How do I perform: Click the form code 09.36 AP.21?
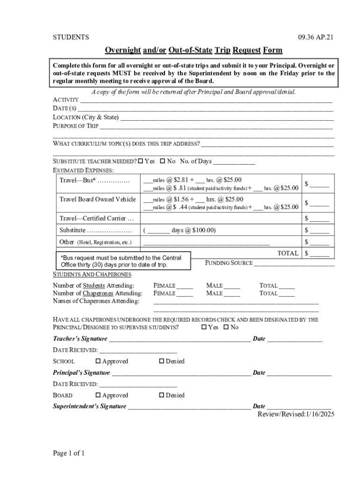[316, 37]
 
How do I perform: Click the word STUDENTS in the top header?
[71, 37]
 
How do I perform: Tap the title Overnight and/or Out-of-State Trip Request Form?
[193, 50]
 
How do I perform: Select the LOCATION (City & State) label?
[86, 117]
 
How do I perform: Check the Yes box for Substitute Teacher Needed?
[141, 161]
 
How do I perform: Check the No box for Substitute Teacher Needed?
[163, 161]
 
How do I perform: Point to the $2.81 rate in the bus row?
[180, 180]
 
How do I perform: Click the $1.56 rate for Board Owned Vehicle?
[180, 199]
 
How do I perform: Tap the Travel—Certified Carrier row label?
[96, 218]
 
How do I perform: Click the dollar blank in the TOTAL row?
[319, 254]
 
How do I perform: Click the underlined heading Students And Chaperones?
[92, 274]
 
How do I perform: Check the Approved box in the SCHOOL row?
[98, 361]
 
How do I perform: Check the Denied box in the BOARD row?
[162, 395]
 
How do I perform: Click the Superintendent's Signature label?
[89, 406]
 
